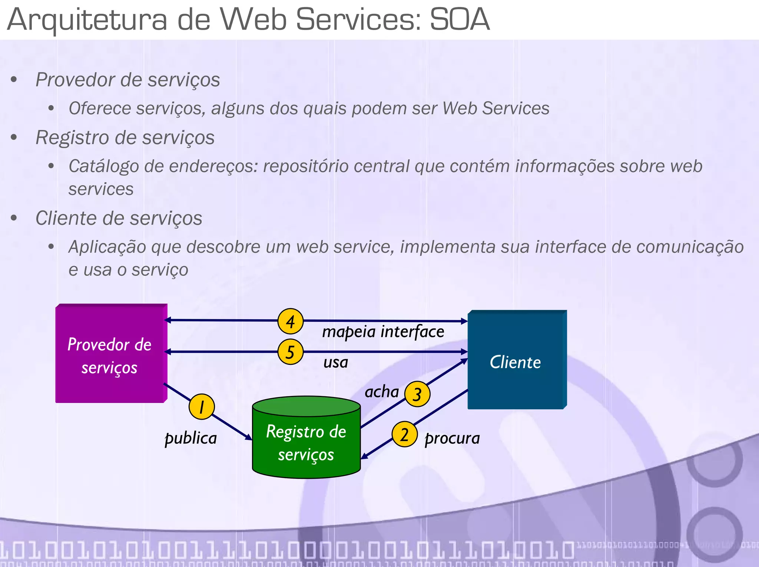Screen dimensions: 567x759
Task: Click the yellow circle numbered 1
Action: click(x=201, y=407)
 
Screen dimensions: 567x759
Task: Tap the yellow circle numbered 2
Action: click(x=404, y=434)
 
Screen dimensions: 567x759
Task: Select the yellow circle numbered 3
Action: click(x=417, y=394)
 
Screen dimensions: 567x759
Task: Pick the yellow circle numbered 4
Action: click(x=291, y=321)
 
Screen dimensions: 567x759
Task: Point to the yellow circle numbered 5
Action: click(x=291, y=352)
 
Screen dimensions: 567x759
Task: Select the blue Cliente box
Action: click(x=516, y=361)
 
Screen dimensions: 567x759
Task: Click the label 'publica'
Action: click(x=190, y=438)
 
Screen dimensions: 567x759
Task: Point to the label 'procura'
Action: click(x=452, y=438)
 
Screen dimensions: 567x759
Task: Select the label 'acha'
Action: click(x=381, y=392)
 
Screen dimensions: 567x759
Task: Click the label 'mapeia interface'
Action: click(x=383, y=331)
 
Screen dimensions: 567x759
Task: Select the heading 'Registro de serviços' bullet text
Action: click(x=125, y=138)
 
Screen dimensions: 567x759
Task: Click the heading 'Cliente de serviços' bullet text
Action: click(x=119, y=218)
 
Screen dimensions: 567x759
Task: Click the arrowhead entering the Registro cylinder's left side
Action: click(x=248, y=437)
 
